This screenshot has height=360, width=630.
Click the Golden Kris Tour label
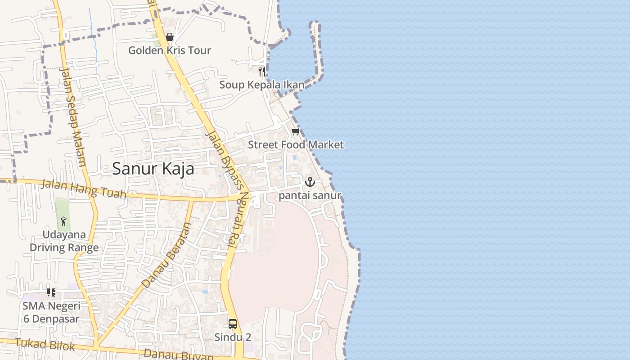tap(169, 50)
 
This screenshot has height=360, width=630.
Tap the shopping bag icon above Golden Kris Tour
tap(170, 37)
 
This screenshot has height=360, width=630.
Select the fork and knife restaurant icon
tap(261, 71)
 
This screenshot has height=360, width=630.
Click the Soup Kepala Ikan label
tap(261, 85)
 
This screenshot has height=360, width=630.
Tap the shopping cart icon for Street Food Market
tap(295, 131)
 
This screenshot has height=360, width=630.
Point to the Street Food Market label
tap(296, 144)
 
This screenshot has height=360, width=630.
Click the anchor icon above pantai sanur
tap(310, 182)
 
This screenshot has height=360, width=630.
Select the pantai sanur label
tap(310, 195)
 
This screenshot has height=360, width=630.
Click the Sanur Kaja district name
tap(153, 169)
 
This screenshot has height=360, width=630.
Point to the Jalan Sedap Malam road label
tap(72, 117)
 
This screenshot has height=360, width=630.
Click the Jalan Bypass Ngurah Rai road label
tap(227, 189)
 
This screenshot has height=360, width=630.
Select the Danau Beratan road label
tap(166, 255)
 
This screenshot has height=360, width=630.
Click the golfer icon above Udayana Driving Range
tap(63, 221)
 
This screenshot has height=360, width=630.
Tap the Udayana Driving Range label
tap(64, 241)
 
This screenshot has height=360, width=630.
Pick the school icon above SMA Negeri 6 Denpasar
tap(51, 292)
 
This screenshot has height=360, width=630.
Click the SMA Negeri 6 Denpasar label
tap(51, 312)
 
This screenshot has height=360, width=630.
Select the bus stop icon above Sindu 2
tap(233, 324)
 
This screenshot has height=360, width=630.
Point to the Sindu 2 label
tap(233, 337)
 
